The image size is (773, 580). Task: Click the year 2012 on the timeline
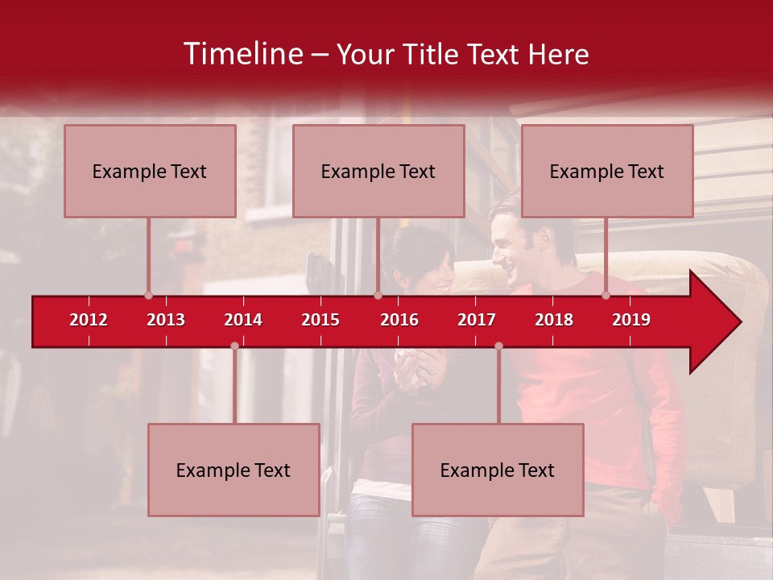(89, 320)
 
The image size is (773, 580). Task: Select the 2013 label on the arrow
(166, 320)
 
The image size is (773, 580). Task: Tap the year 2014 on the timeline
(243, 320)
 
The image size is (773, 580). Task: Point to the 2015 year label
(320, 320)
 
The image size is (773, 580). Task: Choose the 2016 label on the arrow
(399, 320)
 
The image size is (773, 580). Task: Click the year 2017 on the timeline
(477, 320)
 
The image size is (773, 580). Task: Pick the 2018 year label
(554, 320)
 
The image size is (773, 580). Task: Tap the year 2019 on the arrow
(631, 320)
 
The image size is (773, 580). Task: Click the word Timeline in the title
(242, 54)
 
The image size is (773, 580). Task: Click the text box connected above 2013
(150, 171)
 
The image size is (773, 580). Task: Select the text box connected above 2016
(378, 171)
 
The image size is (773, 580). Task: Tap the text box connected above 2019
(607, 171)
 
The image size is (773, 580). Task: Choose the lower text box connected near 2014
(234, 470)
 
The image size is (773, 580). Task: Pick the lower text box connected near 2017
(498, 470)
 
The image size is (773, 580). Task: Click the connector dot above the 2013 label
(148, 296)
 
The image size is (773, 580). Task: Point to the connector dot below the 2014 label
(234, 346)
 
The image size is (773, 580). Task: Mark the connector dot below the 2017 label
(498, 346)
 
